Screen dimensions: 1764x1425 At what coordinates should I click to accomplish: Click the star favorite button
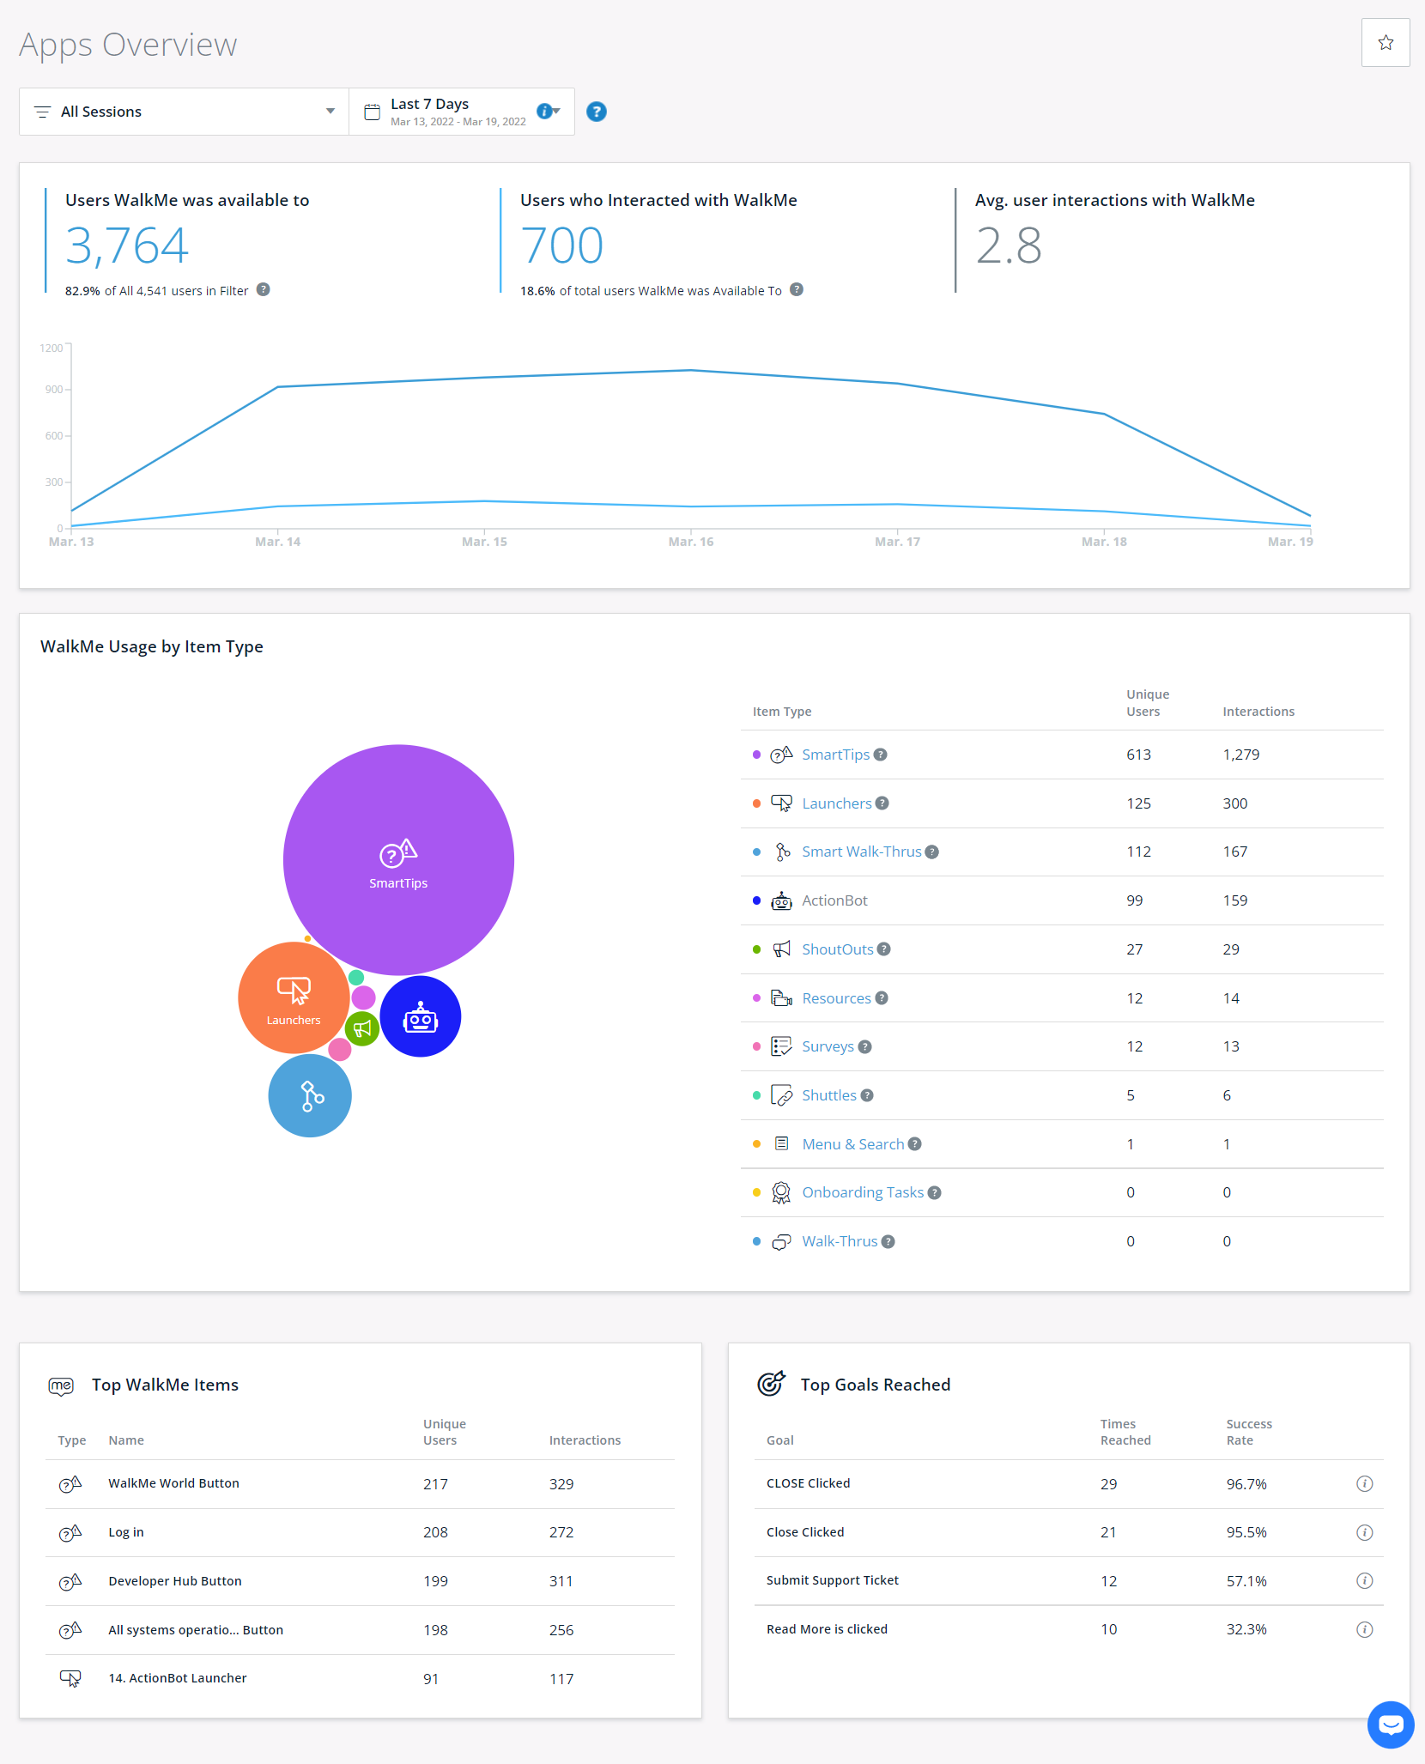[x=1385, y=43]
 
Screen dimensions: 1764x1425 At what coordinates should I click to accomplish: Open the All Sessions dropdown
[x=184, y=112]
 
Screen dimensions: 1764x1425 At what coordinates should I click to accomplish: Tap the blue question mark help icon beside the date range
[x=596, y=112]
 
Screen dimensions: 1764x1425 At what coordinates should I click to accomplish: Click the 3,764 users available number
[x=127, y=246]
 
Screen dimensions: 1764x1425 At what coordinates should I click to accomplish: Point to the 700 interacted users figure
[x=562, y=246]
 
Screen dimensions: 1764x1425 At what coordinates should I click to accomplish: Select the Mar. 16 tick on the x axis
[x=690, y=542]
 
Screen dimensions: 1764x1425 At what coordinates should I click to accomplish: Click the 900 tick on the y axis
[x=54, y=390]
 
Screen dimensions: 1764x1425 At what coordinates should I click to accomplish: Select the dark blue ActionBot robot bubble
[x=421, y=1017]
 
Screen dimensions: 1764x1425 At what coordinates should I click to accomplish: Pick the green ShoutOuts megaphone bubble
[x=362, y=1028]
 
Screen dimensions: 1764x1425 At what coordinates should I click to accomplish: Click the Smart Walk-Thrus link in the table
[x=861, y=852]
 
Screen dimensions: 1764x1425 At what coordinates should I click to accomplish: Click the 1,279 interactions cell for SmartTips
[x=1240, y=755]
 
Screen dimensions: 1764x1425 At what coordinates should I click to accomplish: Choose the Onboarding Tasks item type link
[x=862, y=1192]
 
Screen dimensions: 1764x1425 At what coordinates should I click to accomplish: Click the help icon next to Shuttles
[x=867, y=1095]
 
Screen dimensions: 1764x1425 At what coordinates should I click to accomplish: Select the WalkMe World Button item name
[x=173, y=1483]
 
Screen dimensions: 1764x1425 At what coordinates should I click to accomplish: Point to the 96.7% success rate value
[x=1246, y=1484]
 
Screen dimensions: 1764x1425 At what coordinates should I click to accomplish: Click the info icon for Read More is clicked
[x=1364, y=1629]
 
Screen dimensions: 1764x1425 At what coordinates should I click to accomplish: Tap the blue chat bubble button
[x=1390, y=1725]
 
